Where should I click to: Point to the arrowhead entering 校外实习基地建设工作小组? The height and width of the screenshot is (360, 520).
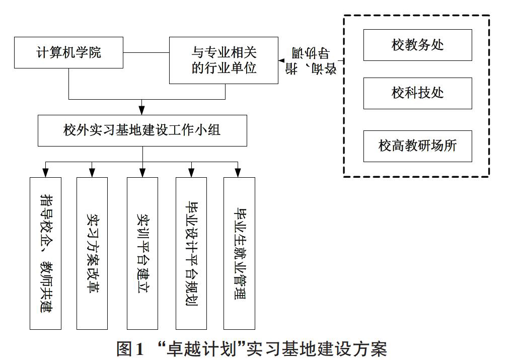[x=142, y=111]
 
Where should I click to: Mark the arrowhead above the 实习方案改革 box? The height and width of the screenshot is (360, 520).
[x=92, y=173]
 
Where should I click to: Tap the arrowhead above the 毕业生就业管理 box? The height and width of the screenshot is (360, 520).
[x=238, y=173]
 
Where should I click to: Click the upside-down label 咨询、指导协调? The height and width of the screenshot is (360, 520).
[x=311, y=61]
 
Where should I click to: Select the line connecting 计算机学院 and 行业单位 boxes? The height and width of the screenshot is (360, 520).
[x=146, y=53]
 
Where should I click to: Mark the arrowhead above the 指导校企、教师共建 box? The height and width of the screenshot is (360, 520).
[x=45, y=173]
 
